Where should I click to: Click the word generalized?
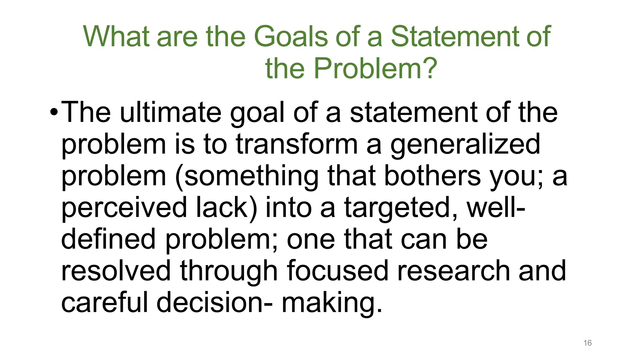pos(465,145)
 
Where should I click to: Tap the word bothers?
pos(432,176)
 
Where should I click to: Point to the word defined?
pos(108,239)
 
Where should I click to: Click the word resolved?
pos(116,271)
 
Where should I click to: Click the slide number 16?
pos(587,343)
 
